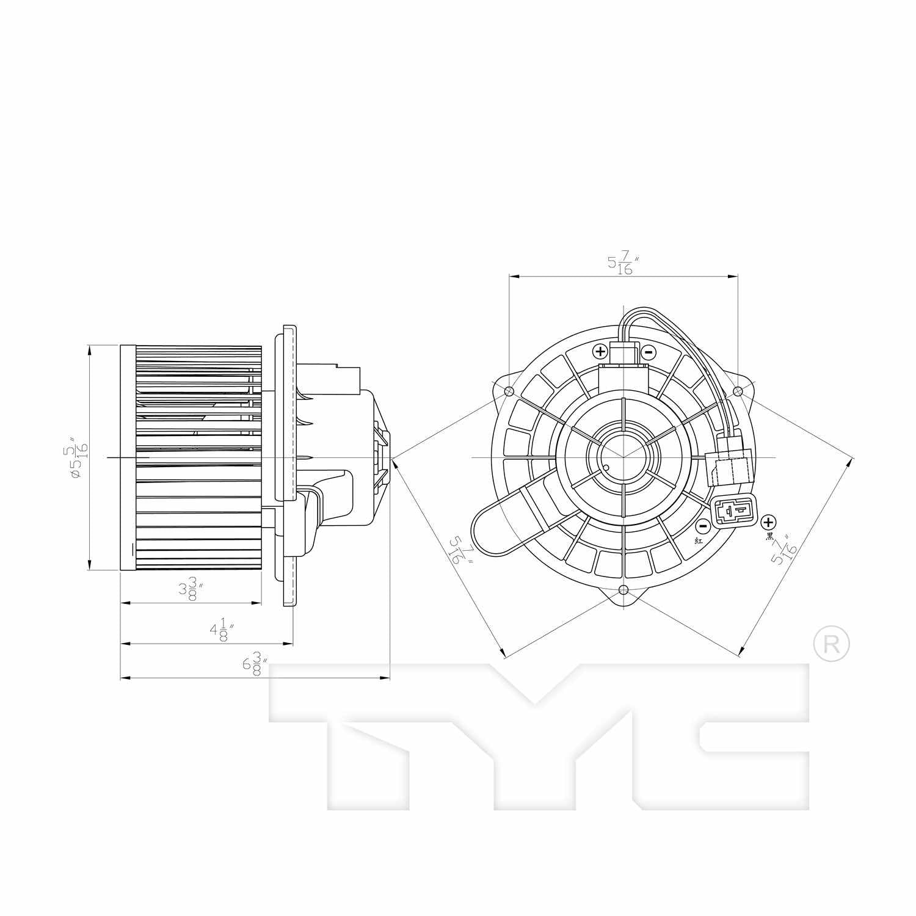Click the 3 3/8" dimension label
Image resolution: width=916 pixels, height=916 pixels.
(x=191, y=591)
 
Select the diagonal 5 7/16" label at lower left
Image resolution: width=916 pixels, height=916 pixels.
(x=461, y=550)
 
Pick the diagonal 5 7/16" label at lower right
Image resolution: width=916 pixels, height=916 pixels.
(x=783, y=550)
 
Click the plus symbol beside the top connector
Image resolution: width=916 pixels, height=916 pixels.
(x=600, y=351)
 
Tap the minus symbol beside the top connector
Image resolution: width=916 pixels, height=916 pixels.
(x=648, y=352)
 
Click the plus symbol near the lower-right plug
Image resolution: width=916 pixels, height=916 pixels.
(x=768, y=522)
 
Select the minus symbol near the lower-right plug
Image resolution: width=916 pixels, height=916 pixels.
(x=703, y=526)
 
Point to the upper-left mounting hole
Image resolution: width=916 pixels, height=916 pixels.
(x=510, y=391)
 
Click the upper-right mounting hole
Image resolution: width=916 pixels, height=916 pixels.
(x=737, y=391)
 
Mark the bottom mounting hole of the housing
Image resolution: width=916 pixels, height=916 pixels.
(x=623, y=590)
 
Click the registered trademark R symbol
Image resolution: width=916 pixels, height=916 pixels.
(x=831, y=643)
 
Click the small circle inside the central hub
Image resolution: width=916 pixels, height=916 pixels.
(x=606, y=469)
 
